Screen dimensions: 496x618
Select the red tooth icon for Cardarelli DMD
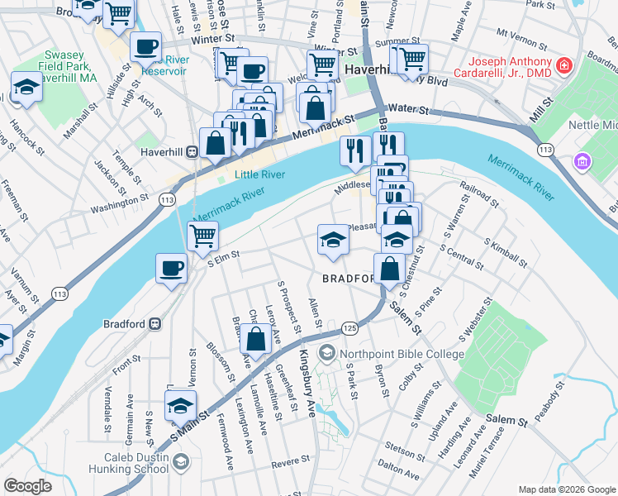click(563, 64)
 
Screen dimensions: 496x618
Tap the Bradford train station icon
click(154, 324)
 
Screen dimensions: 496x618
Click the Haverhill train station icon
click(192, 151)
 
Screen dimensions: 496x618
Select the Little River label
click(259, 174)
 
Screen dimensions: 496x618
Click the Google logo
click(27, 486)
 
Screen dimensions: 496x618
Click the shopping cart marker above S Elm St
click(202, 235)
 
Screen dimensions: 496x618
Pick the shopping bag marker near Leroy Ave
click(256, 338)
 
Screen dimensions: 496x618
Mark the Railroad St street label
click(480, 194)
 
